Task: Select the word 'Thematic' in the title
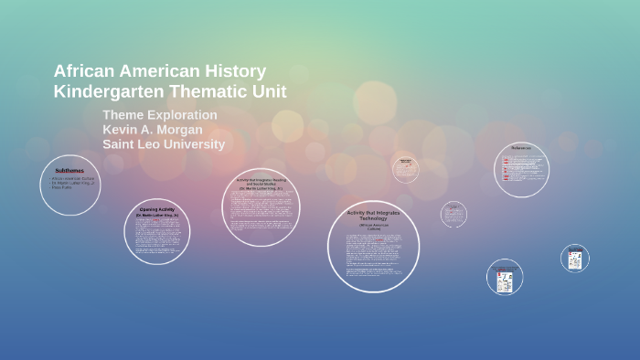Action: click(x=209, y=91)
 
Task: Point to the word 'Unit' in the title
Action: click(x=270, y=91)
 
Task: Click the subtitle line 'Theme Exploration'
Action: click(x=160, y=115)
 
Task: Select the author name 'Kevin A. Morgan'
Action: click(x=154, y=130)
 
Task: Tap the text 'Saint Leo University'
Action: click(x=164, y=144)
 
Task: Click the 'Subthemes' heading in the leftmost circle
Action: click(x=69, y=171)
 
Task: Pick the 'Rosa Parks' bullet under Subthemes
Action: click(x=62, y=187)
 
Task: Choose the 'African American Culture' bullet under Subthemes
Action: click(x=72, y=178)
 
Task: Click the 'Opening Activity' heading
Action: click(x=157, y=209)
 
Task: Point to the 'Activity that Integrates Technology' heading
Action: click(x=373, y=216)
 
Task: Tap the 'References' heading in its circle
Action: click(x=521, y=148)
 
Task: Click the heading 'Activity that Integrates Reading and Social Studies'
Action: click(x=261, y=182)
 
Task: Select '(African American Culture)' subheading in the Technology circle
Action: click(x=373, y=227)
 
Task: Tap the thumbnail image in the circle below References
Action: click(x=505, y=280)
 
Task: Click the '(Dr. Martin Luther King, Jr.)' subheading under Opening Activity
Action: click(x=157, y=216)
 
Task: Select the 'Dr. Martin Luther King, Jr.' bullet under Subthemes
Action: click(x=73, y=183)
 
